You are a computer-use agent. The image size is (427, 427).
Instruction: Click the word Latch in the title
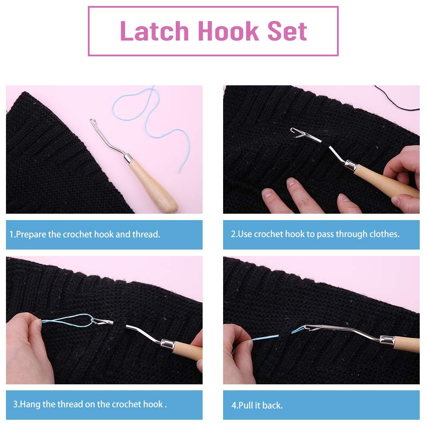coord(154,31)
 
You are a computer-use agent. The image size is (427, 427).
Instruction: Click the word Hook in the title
coord(228,31)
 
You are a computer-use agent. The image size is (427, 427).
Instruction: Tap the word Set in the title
coord(288,31)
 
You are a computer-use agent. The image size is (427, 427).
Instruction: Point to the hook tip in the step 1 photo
coord(92,121)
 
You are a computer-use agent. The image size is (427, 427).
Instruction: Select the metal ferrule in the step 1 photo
coord(128,158)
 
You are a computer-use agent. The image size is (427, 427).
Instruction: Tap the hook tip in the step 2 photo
coord(293,130)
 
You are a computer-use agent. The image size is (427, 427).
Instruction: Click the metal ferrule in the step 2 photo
coord(351,165)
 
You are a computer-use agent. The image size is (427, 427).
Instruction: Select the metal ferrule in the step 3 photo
coord(168,344)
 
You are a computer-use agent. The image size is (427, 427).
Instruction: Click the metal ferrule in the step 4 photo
coord(387,340)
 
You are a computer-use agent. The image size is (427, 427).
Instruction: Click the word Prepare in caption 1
coord(31,235)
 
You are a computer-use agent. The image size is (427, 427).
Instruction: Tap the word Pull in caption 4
coord(246,406)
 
